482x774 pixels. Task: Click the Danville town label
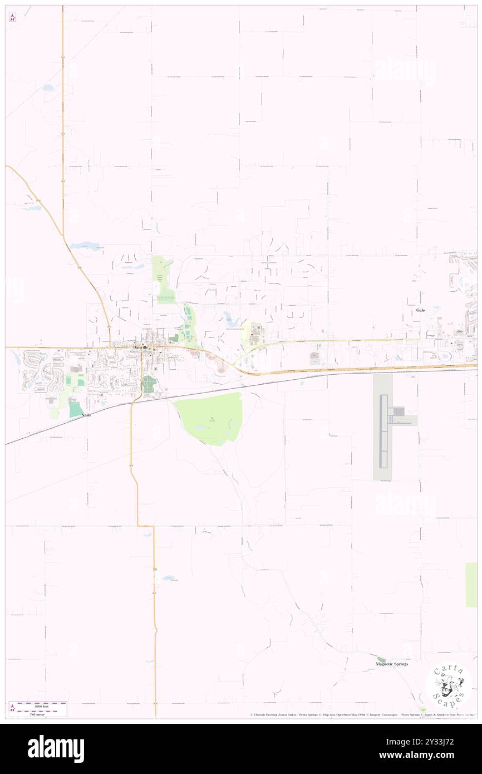click(140, 347)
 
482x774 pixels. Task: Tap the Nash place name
click(86, 415)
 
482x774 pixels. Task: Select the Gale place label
click(420, 310)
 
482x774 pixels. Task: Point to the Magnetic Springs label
click(392, 664)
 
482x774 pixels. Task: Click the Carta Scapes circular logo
click(449, 684)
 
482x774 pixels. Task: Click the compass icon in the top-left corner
click(12, 17)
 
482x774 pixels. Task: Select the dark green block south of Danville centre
click(149, 384)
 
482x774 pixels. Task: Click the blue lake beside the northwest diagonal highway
click(86, 246)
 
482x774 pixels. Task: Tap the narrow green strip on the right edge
click(471, 585)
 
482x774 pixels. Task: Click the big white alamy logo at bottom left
click(56, 749)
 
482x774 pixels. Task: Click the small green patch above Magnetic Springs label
click(381, 659)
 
